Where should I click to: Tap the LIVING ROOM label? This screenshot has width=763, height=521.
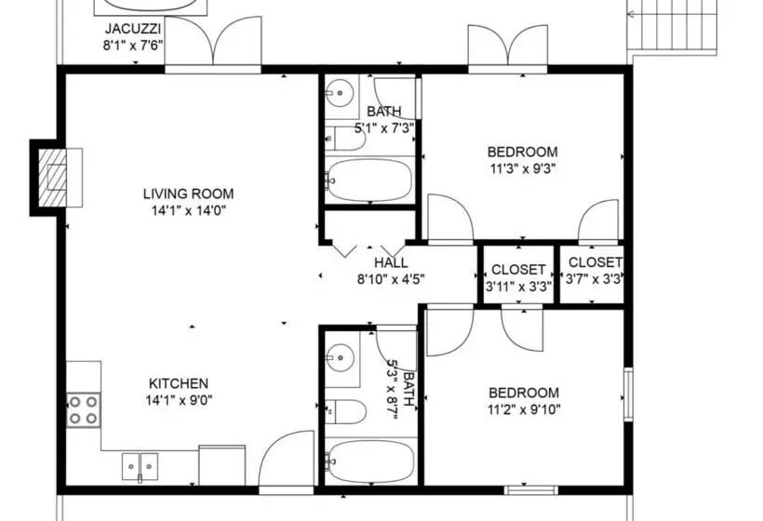(x=188, y=194)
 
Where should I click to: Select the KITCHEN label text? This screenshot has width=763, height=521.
(x=179, y=383)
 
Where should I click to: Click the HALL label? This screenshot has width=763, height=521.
(x=392, y=262)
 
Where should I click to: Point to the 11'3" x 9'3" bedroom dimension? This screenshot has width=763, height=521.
(x=522, y=169)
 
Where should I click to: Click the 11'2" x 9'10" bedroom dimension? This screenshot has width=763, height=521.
(x=523, y=408)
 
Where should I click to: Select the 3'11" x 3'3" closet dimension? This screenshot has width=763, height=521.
(x=518, y=287)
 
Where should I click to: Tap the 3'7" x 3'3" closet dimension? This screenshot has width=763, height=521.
(x=594, y=278)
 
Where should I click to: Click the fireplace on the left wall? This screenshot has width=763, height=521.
(x=56, y=176)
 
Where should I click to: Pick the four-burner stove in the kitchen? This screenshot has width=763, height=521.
(x=82, y=409)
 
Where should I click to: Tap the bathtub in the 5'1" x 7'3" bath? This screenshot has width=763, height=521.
(x=369, y=180)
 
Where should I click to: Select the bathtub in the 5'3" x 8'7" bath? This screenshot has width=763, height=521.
(x=369, y=461)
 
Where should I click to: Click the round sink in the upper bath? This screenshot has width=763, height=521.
(x=341, y=92)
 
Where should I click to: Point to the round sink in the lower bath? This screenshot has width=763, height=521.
(x=341, y=356)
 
